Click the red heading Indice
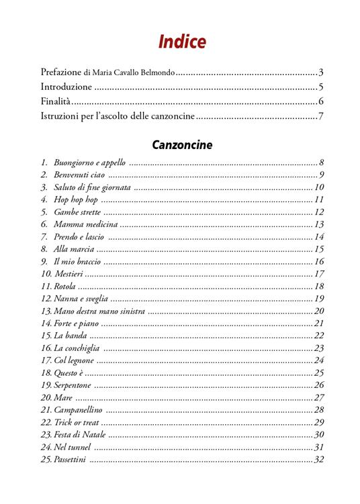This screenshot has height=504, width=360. click(182, 42)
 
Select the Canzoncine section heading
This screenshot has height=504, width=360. click(182, 144)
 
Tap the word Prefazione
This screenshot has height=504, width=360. click(61, 72)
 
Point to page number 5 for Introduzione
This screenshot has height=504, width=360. click(322, 87)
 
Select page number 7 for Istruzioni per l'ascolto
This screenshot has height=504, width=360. click(322, 117)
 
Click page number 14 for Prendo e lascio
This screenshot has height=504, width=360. click(319, 237)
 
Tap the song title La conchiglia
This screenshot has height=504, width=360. click(77, 348)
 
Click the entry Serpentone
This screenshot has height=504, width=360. click(72, 385)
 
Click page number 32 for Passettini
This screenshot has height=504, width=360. click(319, 460)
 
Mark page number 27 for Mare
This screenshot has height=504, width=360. click(319, 397)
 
